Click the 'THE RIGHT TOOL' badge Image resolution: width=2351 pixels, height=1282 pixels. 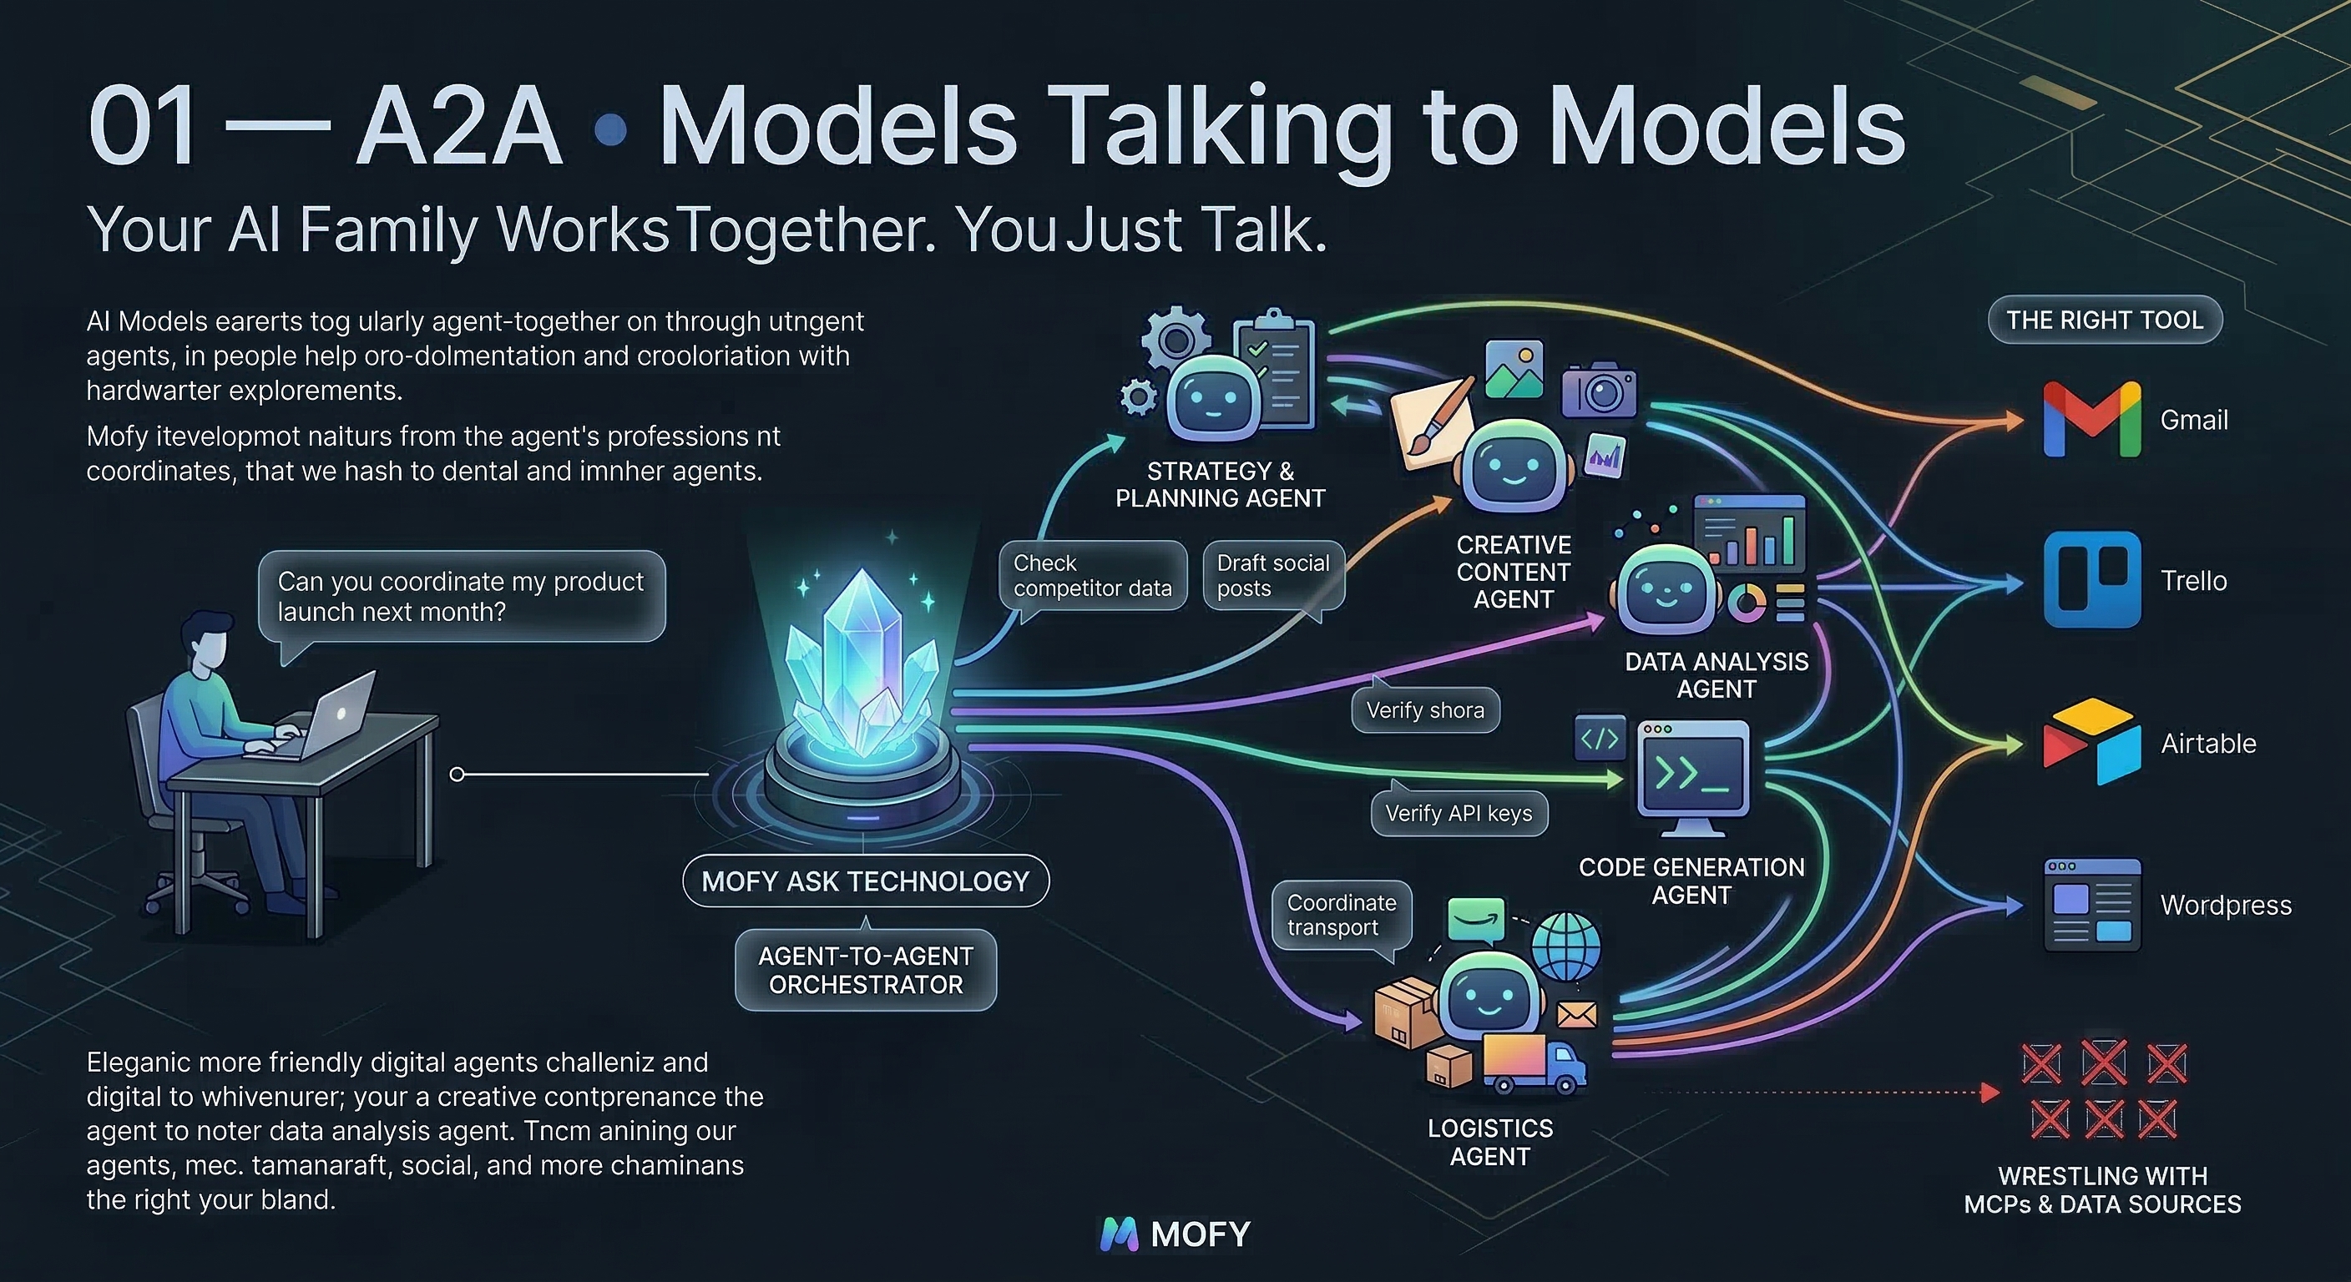click(2105, 320)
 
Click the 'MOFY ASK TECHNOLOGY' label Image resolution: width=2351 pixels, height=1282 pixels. click(865, 881)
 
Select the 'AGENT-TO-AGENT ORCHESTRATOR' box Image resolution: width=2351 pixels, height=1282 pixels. click(865, 970)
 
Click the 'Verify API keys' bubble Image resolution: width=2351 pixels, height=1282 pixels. click(1459, 813)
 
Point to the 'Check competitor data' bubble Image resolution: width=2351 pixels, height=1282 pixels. click(1093, 576)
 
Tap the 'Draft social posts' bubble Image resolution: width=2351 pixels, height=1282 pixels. click(1272, 576)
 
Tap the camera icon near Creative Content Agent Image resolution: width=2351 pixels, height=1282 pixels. click(1598, 391)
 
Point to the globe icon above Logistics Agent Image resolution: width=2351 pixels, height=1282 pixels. click(1565, 946)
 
